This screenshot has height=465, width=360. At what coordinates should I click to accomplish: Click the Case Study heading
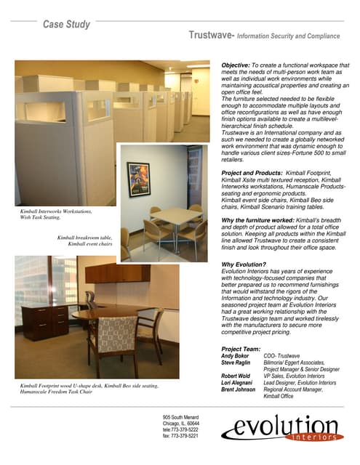pos(66,24)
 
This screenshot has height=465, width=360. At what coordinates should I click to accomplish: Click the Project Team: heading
pos(241,349)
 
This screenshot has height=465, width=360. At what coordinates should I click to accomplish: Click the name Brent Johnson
pos(239,390)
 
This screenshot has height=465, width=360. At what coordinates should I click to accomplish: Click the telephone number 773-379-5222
pos(181,429)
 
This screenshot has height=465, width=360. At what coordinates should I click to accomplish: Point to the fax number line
pos(181,436)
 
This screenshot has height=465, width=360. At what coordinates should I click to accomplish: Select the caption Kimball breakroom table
pos(84,238)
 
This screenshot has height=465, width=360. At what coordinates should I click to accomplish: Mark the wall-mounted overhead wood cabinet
pos(117,273)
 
